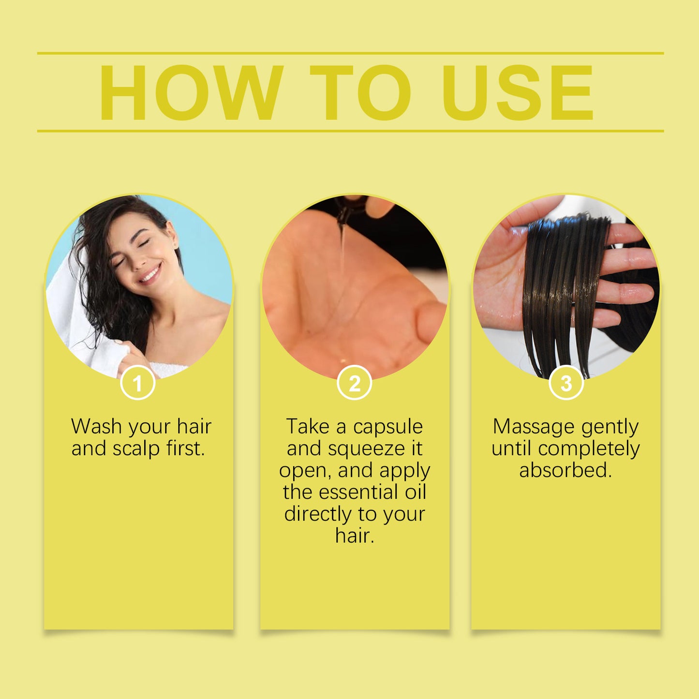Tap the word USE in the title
(518, 92)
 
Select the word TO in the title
(360, 92)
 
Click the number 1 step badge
(138, 384)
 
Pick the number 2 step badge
(355, 384)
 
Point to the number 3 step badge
(566, 384)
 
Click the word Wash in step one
(96, 427)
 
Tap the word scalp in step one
(136, 448)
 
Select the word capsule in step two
(388, 427)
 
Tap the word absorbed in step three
(565, 470)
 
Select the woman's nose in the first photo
(139, 260)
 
